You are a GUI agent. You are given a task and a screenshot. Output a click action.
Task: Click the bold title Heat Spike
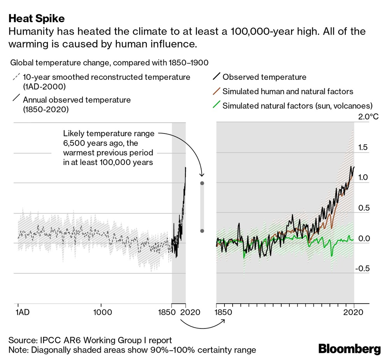[37, 18]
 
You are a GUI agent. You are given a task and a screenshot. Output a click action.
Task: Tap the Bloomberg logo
[349, 348]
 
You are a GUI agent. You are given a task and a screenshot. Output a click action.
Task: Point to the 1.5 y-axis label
[363, 147]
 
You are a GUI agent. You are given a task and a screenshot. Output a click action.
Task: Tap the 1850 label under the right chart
[223, 312]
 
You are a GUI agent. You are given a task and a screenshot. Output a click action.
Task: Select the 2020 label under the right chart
[354, 312]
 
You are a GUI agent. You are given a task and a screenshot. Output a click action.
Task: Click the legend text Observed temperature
[264, 77]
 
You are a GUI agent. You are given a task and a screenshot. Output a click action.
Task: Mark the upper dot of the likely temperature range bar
[202, 183]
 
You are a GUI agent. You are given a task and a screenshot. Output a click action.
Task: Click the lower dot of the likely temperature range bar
[202, 231]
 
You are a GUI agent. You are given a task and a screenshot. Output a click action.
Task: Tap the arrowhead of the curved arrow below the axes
[224, 321]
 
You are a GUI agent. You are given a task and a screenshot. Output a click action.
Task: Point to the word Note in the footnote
[17, 349]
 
